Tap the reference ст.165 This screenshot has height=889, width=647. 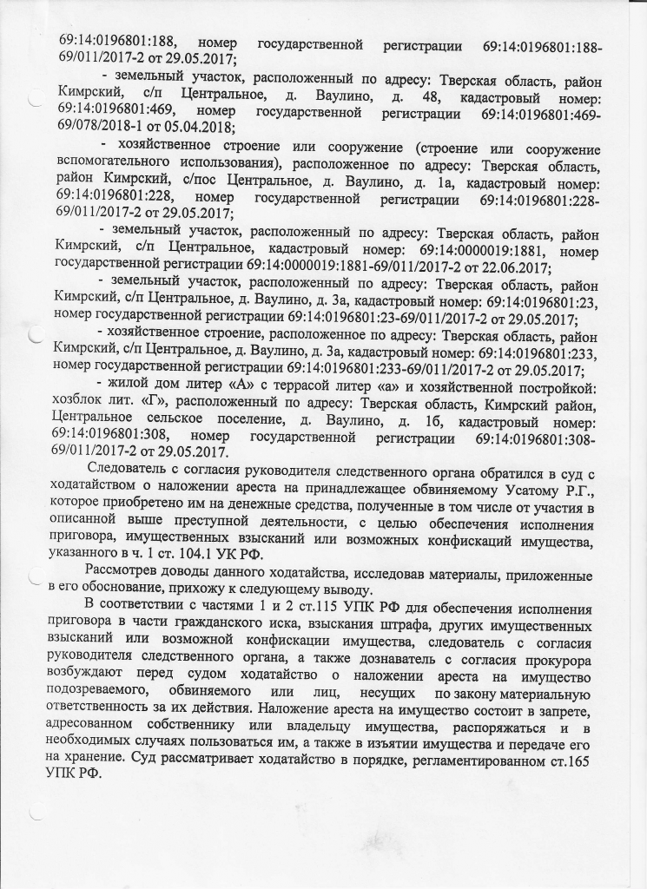click(565, 760)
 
